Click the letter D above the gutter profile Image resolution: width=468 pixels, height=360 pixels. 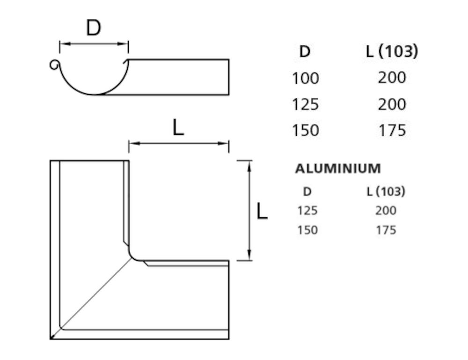(94, 29)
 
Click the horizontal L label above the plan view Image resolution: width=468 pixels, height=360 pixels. (178, 128)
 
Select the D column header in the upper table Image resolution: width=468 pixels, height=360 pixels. (305, 51)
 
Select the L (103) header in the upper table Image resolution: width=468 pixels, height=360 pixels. (392, 51)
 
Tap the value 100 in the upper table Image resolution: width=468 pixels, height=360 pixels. (305, 78)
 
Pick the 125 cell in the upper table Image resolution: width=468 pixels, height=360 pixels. (305, 104)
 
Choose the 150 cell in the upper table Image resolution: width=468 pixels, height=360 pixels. (305, 130)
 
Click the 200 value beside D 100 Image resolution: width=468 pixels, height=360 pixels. (392, 78)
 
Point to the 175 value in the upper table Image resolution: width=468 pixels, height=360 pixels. (392, 130)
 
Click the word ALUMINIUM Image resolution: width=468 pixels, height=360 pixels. (337, 169)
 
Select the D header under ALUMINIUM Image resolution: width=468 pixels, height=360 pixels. (307, 191)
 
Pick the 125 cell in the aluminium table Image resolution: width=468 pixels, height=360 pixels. (307, 211)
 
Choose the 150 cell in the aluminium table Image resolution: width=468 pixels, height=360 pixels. (307, 230)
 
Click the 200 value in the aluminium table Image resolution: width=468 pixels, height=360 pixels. (385, 211)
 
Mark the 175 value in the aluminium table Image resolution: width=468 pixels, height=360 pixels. (385, 230)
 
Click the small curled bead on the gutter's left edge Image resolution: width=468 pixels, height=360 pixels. (54, 65)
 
